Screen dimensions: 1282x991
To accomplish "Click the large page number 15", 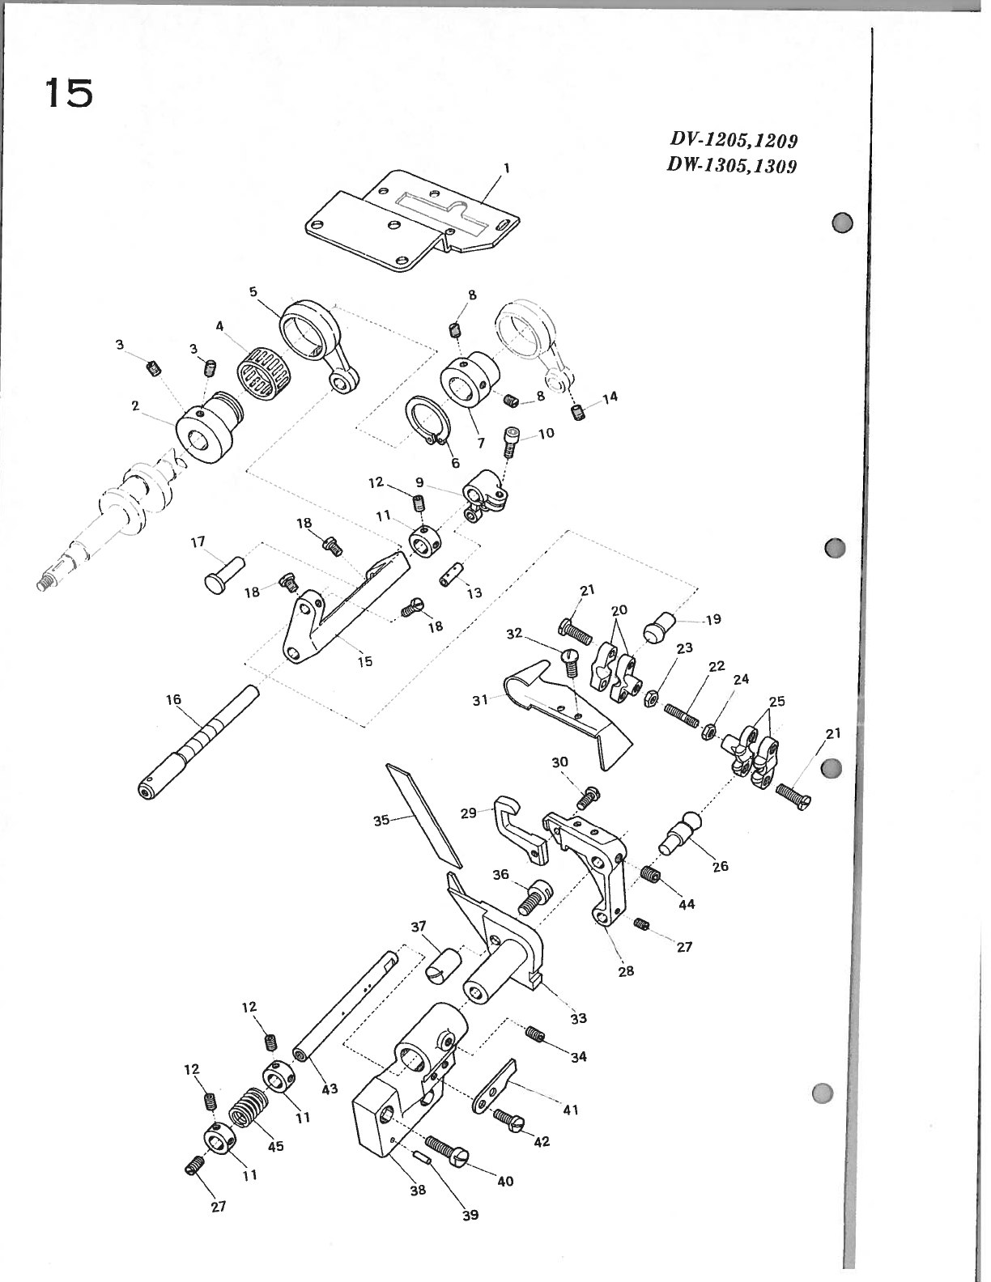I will (x=69, y=94).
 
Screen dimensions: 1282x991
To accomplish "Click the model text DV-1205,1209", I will (x=734, y=141).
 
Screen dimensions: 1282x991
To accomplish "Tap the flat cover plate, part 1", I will (x=405, y=219).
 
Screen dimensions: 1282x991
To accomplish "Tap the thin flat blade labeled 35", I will (x=423, y=813).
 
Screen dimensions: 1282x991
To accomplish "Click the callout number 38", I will (x=417, y=1191).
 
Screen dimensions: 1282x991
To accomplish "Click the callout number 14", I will (x=610, y=397).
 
